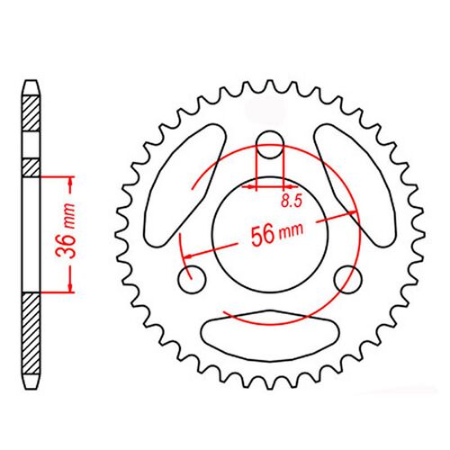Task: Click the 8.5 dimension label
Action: coord(292,201)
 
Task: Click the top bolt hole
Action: coord(270,145)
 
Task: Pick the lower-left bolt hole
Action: coord(193,280)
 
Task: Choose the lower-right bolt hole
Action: coord(348,280)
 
